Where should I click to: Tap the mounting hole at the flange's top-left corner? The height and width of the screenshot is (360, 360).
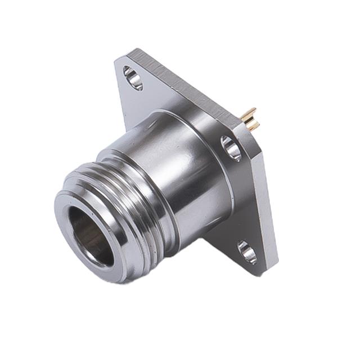(x=133, y=78)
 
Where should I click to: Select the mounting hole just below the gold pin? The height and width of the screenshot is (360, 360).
(x=231, y=147)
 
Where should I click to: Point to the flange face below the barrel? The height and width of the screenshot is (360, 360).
(x=225, y=236)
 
